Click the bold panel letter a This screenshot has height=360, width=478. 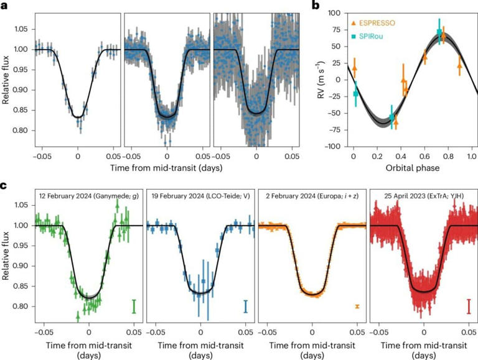pyautogui.click(x=5, y=6)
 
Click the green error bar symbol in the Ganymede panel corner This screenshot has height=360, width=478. pyautogui.click(x=134, y=307)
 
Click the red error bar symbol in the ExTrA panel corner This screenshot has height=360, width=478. pyautogui.click(x=468, y=307)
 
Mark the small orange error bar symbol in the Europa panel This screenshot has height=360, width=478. pyautogui.click(x=357, y=307)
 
